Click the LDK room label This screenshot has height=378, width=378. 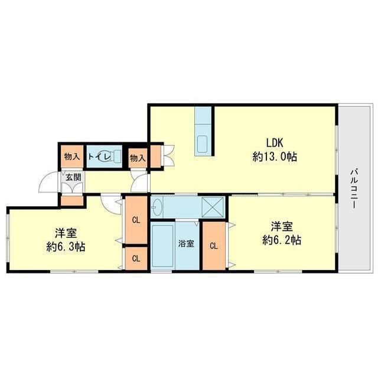click(274, 143)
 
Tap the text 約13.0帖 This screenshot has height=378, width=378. click(275, 157)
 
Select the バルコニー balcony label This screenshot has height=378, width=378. click(354, 189)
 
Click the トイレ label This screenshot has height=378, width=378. click(99, 157)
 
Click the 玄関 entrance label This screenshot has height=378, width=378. click(73, 177)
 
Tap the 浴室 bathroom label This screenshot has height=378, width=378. click(186, 244)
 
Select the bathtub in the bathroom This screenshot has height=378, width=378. click(162, 246)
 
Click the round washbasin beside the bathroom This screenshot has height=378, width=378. click(157, 207)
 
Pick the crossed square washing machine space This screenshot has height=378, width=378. click(213, 207)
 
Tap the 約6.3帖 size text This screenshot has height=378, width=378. click(66, 247)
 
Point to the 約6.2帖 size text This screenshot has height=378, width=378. click(282, 240)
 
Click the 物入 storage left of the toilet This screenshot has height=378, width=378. click(72, 156)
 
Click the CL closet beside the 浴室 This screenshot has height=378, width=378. click(214, 246)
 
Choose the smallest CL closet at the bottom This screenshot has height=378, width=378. click(136, 259)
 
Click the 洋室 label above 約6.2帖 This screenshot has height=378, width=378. click(282, 227)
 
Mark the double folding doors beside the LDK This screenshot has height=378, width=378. click(169, 155)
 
